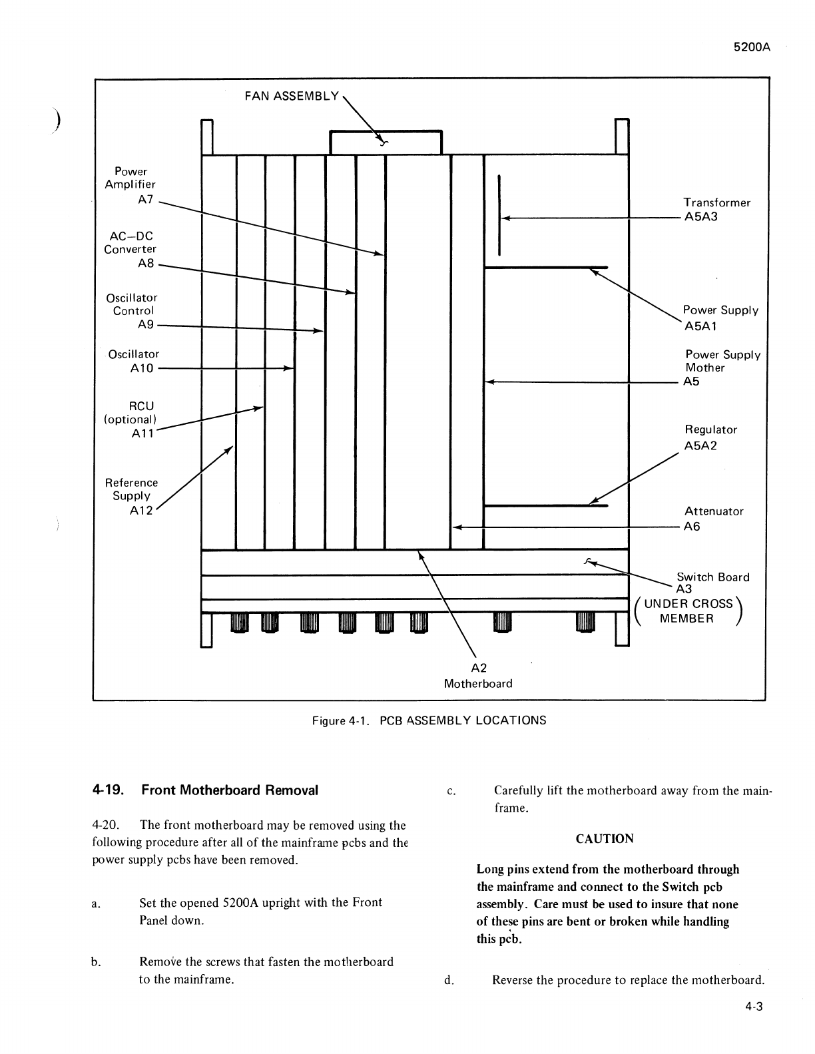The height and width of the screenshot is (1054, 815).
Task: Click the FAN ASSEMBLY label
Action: (x=292, y=96)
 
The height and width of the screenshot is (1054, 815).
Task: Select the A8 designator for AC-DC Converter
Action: (x=146, y=263)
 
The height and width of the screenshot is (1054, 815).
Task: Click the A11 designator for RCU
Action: (x=143, y=433)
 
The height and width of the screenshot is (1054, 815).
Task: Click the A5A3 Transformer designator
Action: (x=701, y=217)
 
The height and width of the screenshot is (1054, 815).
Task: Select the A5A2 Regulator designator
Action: (x=700, y=445)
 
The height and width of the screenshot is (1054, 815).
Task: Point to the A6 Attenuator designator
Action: (x=692, y=527)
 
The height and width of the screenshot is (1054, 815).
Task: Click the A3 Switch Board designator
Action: (x=684, y=589)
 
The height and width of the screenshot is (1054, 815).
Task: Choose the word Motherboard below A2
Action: (x=478, y=684)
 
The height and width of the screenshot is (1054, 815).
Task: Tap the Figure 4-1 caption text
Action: (x=429, y=720)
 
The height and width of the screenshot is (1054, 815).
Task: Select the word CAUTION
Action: (x=605, y=839)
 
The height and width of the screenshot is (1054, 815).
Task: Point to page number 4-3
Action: (x=754, y=1007)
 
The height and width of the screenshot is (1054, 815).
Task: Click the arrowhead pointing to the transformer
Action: (x=505, y=218)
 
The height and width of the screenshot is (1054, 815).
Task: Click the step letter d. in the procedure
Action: (x=449, y=980)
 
